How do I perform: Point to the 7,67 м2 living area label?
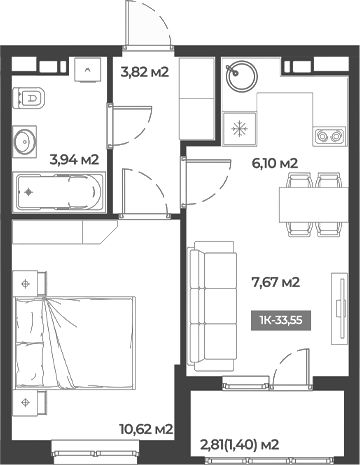[279, 282]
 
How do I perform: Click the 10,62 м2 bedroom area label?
[145, 428]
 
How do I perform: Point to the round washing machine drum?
[240, 75]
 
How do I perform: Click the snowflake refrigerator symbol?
[240, 128]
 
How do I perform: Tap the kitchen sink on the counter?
[327, 133]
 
